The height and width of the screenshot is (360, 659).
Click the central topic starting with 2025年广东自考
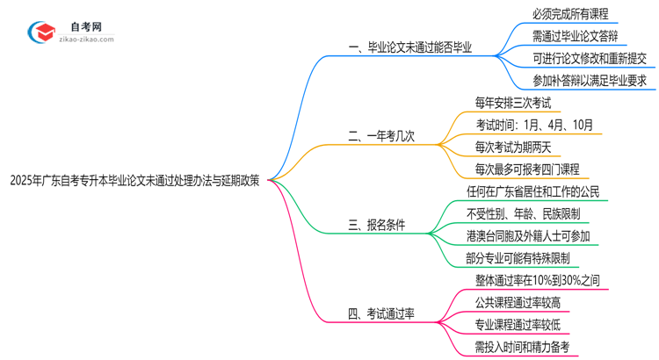(x=134, y=180)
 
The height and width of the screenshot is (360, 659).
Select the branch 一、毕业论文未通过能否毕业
(x=410, y=49)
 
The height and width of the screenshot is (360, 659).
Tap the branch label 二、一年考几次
(x=381, y=136)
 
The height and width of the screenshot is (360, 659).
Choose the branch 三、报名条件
(x=377, y=225)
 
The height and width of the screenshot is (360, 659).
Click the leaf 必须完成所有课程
(x=569, y=14)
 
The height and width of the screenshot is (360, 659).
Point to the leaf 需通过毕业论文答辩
(x=575, y=37)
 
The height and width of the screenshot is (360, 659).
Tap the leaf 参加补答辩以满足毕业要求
(x=589, y=81)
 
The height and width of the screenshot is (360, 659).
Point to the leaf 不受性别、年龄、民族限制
(x=523, y=213)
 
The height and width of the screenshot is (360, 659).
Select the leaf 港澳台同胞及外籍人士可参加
(x=528, y=235)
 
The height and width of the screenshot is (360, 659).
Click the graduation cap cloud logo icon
(x=43, y=32)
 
